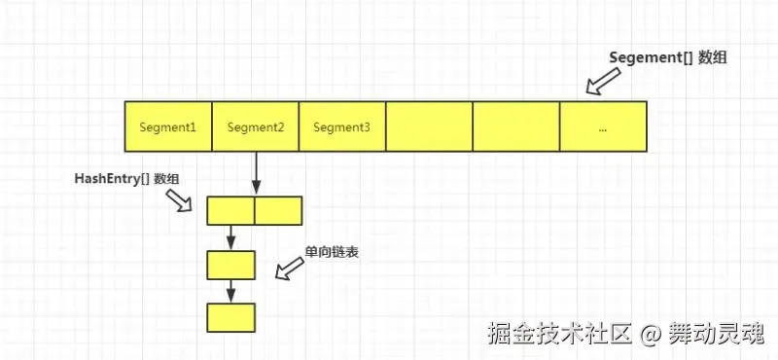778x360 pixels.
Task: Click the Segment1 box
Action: (x=168, y=126)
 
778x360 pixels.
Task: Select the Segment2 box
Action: (x=256, y=126)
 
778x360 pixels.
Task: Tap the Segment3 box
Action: (x=342, y=126)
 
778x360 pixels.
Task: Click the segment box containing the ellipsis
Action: (x=603, y=126)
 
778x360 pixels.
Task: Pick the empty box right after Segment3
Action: (x=430, y=126)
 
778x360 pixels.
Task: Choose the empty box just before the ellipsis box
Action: (x=516, y=126)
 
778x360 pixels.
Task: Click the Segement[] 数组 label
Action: (x=668, y=57)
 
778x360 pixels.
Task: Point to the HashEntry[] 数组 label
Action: (x=126, y=179)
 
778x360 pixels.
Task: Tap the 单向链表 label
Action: (x=332, y=253)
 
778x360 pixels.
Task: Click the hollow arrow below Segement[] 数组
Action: (x=603, y=81)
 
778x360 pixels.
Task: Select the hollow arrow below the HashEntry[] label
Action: (x=179, y=200)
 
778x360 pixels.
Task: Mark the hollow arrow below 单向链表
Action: (x=289, y=269)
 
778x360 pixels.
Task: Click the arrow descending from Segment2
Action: (x=256, y=173)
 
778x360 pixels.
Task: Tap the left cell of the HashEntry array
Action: (x=230, y=210)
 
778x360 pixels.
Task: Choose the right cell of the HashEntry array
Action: (x=278, y=210)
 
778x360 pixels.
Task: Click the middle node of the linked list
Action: (x=230, y=266)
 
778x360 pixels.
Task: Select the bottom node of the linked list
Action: (x=230, y=318)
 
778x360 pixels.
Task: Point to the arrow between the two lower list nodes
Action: (x=230, y=292)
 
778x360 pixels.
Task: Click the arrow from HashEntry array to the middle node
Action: (x=230, y=237)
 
